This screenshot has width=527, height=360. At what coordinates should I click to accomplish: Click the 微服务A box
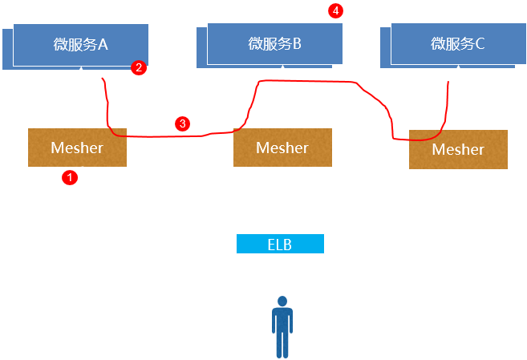click(80, 44)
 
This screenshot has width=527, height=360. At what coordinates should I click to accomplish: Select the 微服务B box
click(274, 43)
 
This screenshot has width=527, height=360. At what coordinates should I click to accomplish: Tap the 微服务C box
click(457, 43)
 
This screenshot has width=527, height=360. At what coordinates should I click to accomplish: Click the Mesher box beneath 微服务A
click(77, 148)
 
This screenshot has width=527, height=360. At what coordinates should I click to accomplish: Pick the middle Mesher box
click(282, 148)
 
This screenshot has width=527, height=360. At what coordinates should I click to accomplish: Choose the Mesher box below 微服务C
click(458, 149)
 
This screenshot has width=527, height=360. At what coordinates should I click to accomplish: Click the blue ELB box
click(280, 244)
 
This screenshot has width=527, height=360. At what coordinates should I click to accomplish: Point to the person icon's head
click(282, 301)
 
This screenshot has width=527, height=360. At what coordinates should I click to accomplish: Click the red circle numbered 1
click(70, 178)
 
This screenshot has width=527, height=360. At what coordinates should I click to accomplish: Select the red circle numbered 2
click(139, 68)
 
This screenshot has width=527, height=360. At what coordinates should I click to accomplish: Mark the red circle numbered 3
click(182, 123)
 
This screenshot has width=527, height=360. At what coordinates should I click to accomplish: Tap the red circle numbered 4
click(335, 10)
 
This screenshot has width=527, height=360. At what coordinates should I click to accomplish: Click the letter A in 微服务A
click(103, 44)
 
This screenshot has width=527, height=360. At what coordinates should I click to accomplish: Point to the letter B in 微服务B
click(296, 44)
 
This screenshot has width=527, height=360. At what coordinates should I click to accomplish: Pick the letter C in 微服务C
click(480, 44)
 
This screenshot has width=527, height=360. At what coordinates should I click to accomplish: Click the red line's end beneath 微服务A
click(103, 79)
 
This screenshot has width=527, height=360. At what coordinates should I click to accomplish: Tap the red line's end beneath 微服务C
click(448, 80)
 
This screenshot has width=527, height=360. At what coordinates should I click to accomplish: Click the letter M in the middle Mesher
click(261, 148)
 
